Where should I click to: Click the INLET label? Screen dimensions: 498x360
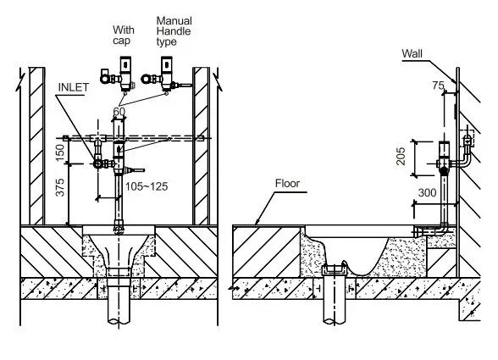point(74,87)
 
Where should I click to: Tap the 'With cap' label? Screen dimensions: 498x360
point(124,36)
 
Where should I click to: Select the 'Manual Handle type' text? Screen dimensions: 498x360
point(174,31)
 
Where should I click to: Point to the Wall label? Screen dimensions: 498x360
point(412,53)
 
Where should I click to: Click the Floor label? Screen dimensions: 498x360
point(287,183)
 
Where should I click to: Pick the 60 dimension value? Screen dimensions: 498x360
point(119,112)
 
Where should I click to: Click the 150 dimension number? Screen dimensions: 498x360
point(59,152)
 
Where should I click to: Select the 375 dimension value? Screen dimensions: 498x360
point(59,187)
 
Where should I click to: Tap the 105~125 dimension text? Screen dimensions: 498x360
point(147,186)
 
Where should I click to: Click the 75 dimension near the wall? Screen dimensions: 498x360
point(438,86)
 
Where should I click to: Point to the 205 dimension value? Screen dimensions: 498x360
point(401,156)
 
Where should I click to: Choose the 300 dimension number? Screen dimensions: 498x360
point(427,193)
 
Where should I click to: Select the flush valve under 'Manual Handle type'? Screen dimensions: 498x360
point(165,75)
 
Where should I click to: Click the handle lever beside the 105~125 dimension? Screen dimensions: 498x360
point(136,170)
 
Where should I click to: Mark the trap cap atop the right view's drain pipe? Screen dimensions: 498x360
point(335,269)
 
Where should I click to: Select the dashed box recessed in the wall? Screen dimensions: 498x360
point(467,138)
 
